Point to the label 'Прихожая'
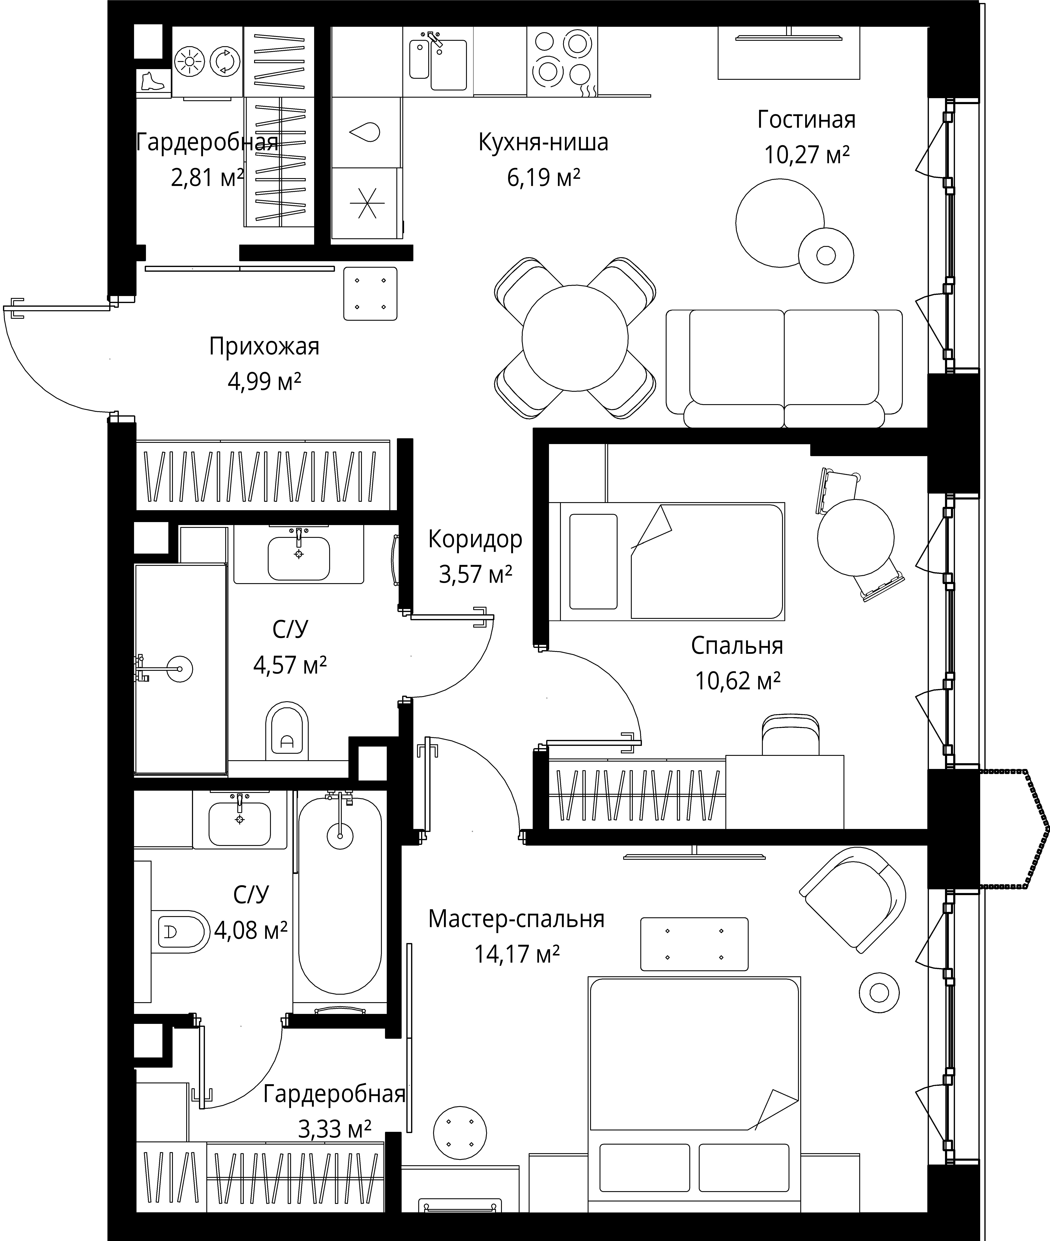point(264,346)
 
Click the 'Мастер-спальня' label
point(516,919)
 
